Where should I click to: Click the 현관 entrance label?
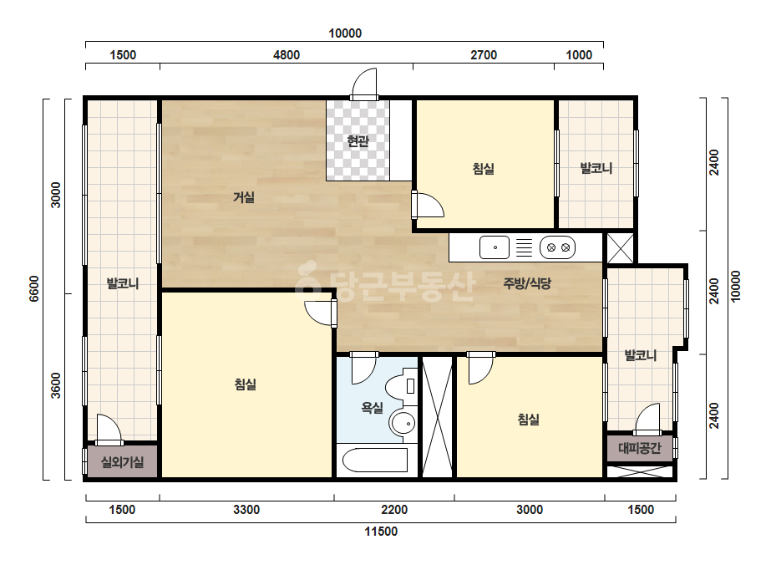click(x=358, y=142)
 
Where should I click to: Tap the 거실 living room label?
click(x=244, y=198)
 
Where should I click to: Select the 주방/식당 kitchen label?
click(x=527, y=283)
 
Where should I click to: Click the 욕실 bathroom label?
click(x=373, y=408)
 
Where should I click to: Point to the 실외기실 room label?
click(x=123, y=462)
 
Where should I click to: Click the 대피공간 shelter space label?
click(x=640, y=448)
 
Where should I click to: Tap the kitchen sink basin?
click(x=495, y=247)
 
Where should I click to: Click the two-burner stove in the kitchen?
click(x=558, y=247)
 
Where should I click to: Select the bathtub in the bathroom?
click(x=375, y=461)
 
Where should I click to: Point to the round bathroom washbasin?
click(x=403, y=423)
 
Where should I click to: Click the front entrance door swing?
click(x=364, y=84)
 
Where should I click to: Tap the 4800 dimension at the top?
click(x=287, y=54)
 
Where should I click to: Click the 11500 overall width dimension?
click(x=381, y=532)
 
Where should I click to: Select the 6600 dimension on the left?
click(x=33, y=288)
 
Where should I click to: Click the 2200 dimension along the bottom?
click(x=394, y=509)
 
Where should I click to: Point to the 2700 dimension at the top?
click(x=484, y=54)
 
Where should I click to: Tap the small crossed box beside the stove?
click(x=621, y=248)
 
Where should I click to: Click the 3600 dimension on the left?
click(x=56, y=386)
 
